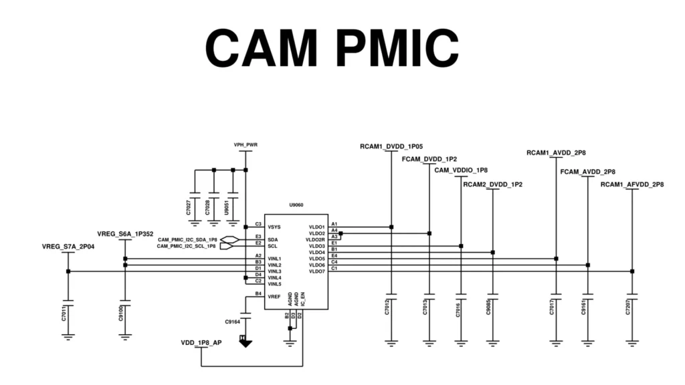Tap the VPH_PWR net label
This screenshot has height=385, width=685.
click(246, 144)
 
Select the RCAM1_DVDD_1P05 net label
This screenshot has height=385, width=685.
click(391, 146)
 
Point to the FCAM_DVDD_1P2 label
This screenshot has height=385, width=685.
click(429, 159)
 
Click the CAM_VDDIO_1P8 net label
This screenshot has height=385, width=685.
click(461, 170)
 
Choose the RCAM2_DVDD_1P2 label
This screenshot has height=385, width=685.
click(492, 183)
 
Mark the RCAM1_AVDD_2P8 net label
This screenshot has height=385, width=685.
click(556, 153)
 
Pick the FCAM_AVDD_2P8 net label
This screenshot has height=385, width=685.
click(587, 172)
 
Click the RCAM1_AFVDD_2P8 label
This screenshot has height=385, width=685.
click(632, 184)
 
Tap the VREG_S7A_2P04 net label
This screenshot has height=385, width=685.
click(68, 247)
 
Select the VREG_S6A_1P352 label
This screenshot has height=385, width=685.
click(125, 234)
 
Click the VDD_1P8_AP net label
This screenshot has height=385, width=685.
click(201, 342)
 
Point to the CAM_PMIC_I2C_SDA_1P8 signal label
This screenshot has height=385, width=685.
click(187, 239)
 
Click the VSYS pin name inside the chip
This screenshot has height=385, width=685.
click(274, 227)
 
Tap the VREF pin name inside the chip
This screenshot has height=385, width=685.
click(274, 295)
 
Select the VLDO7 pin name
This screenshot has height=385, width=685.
click(316, 271)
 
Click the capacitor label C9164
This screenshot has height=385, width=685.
click(232, 322)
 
